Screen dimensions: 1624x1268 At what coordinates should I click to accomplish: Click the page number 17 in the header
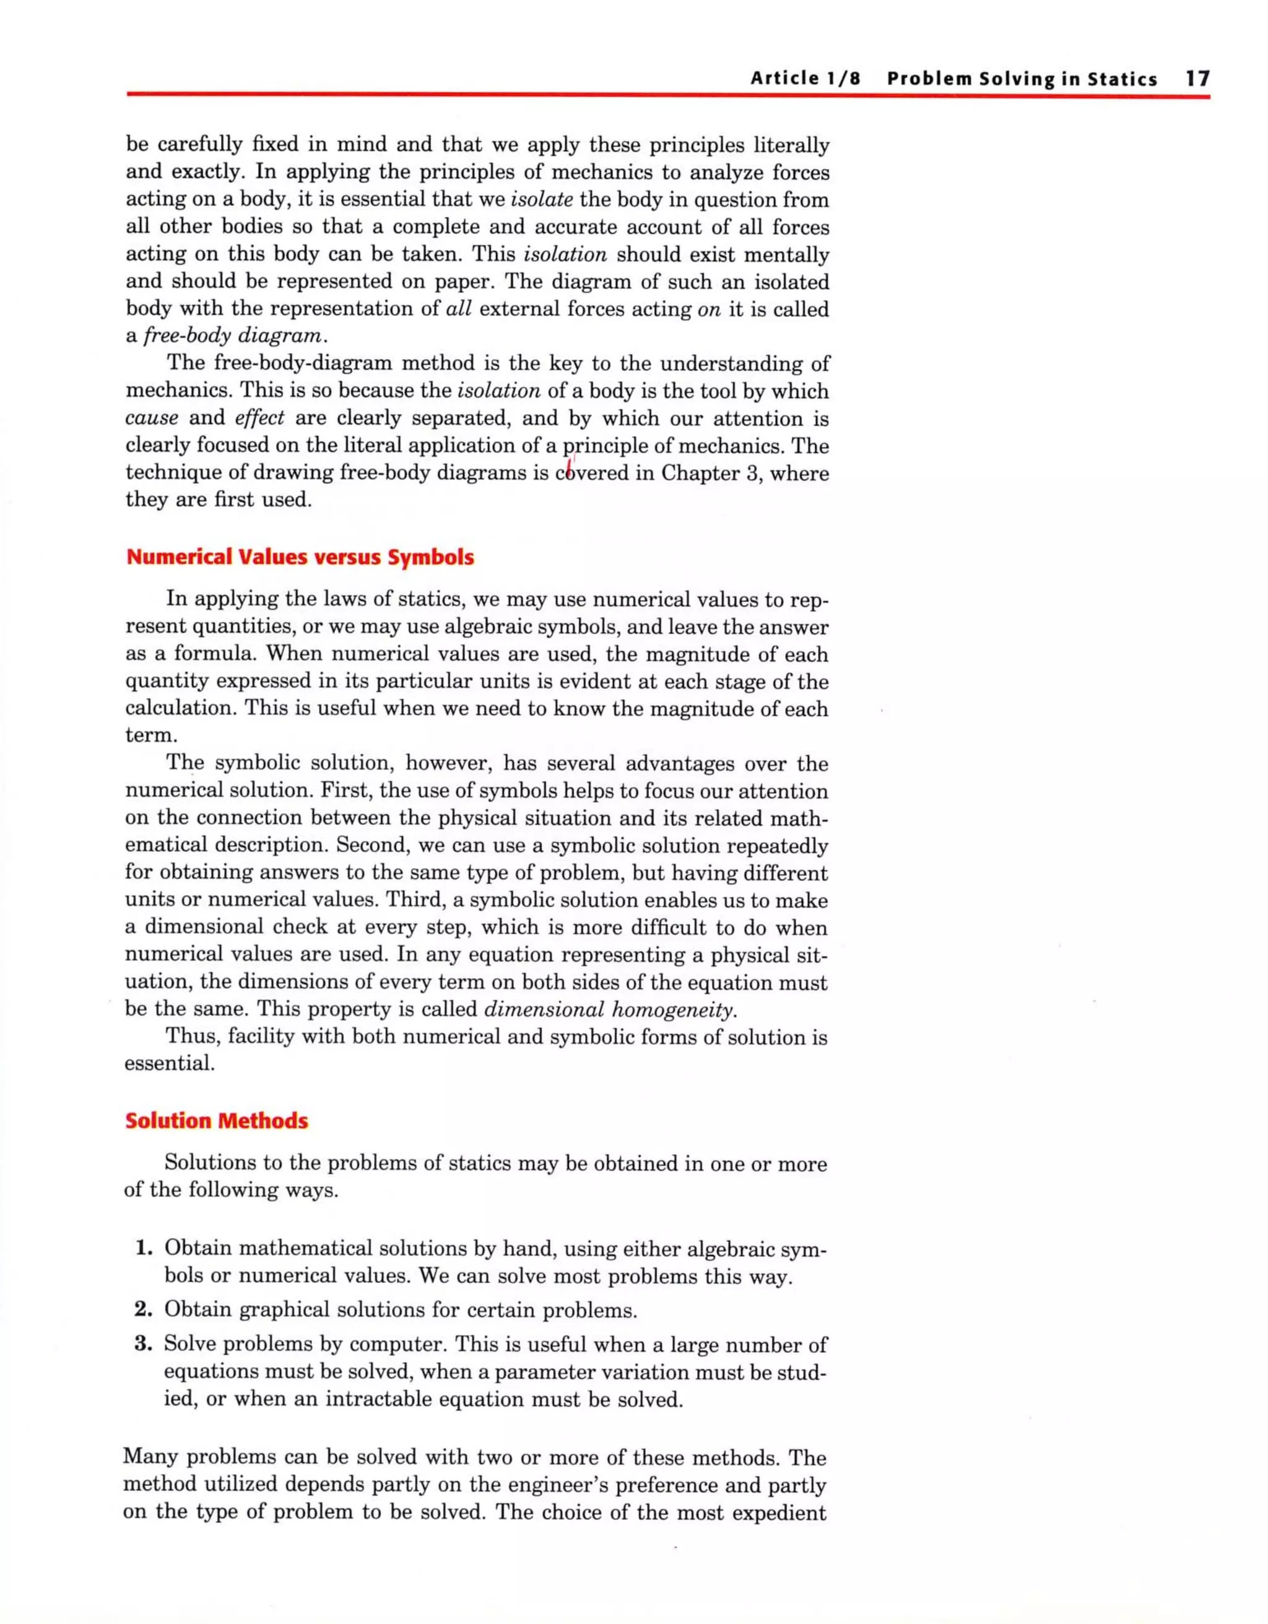pyautogui.click(x=1197, y=79)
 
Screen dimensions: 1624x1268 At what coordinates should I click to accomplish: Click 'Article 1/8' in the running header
pyautogui.click(x=805, y=79)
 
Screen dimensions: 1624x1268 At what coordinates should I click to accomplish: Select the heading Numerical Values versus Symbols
pyautogui.click(x=300, y=557)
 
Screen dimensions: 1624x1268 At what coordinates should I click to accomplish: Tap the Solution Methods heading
pyautogui.click(x=217, y=1121)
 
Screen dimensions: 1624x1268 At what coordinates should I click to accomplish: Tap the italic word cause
pyautogui.click(x=152, y=419)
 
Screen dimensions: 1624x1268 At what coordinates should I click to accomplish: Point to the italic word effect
pyautogui.click(x=259, y=419)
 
